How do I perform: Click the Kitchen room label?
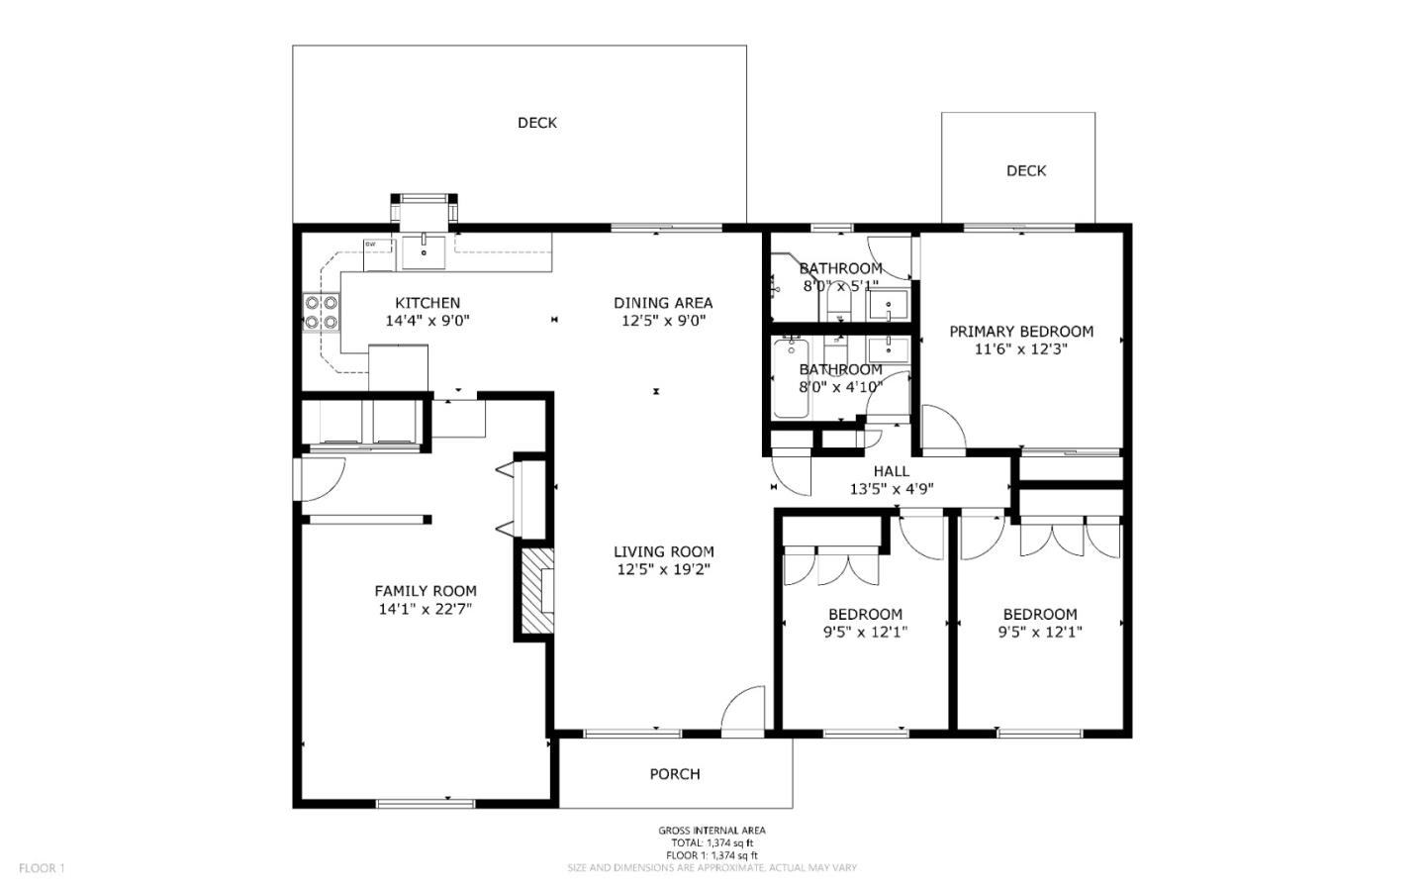(427, 303)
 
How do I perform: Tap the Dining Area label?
(663, 303)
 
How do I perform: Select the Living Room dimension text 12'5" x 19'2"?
(663, 569)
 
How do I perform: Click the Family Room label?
(426, 591)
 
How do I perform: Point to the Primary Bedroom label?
(1021, 332)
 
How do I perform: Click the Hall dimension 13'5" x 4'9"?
(892, 488)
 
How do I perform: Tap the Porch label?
(675, 774)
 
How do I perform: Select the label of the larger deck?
(537, 123)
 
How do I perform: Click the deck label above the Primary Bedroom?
(1026, 170)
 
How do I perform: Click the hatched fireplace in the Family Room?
(532, 592)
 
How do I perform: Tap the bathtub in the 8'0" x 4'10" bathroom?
(791, 378)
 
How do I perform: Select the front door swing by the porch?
(743, 711)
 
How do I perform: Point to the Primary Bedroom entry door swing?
(942, 428)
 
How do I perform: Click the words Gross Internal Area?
(712, 831)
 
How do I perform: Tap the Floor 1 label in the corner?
(42, 868)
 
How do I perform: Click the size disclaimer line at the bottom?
(712, 867)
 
